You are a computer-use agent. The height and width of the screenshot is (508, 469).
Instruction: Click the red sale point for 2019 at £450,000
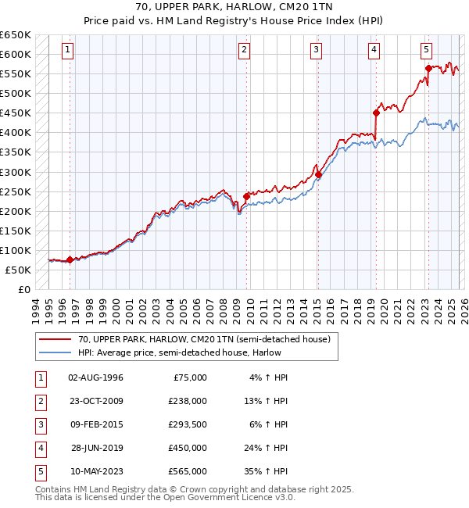376,113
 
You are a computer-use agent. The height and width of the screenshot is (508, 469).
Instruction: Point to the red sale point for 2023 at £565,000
428,68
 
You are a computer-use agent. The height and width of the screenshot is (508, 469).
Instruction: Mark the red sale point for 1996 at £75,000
70,259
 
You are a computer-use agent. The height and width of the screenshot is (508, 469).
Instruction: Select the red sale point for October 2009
246,196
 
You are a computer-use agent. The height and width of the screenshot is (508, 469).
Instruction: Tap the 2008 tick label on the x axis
223,309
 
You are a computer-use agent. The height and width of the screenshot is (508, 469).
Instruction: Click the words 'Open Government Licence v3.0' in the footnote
230,497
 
